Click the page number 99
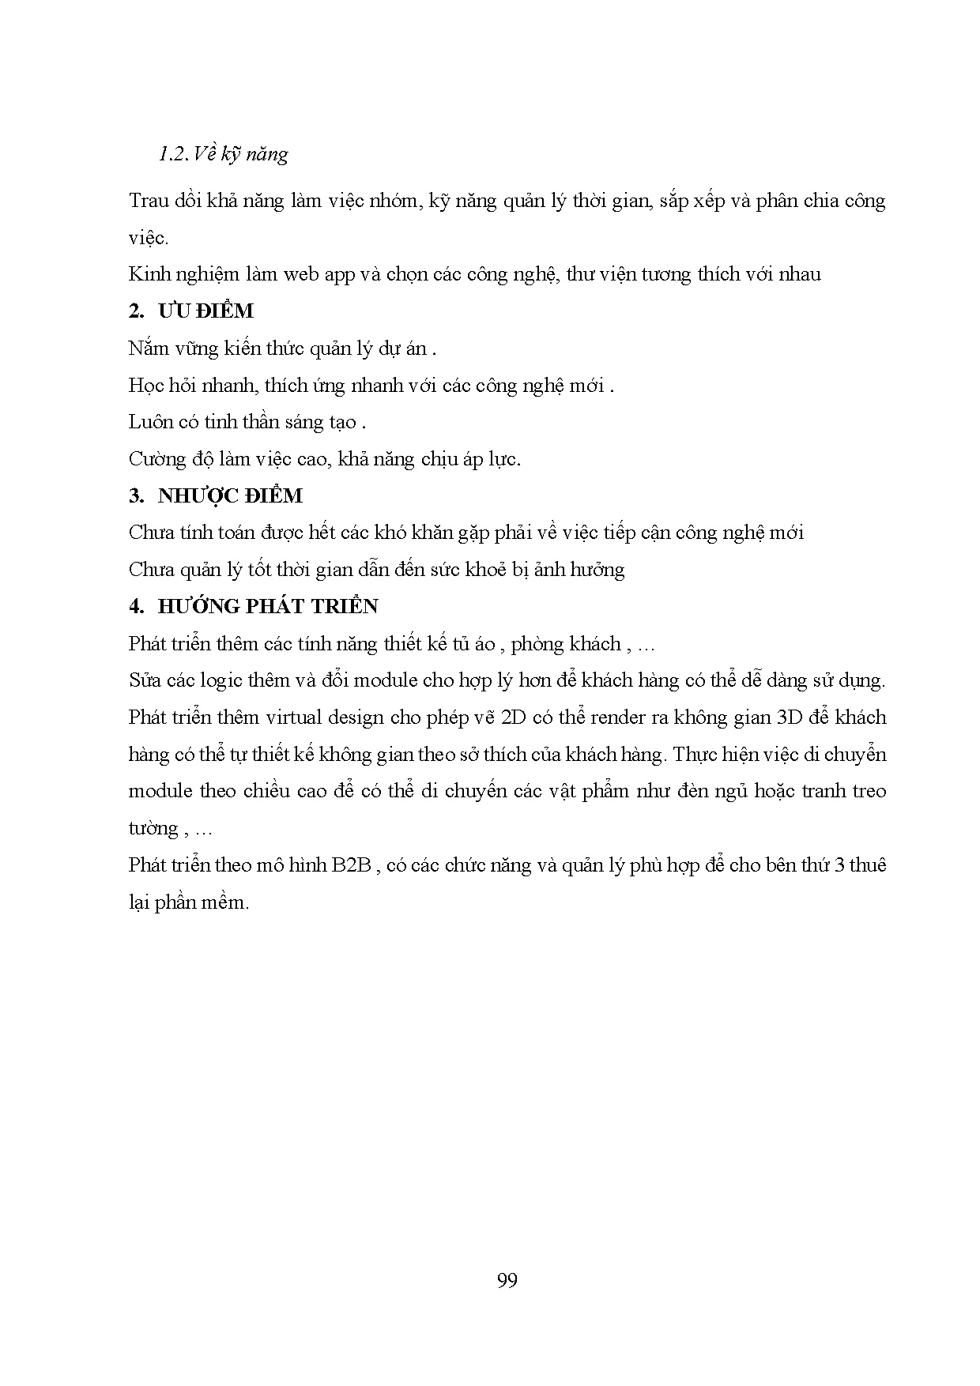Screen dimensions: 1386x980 point(507,1280)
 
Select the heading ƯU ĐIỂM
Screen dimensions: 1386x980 point(205,311)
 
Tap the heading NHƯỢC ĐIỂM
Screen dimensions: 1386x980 point(230,496)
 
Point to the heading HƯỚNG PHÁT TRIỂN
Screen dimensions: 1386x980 point(268,607)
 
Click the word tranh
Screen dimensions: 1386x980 point(824,791)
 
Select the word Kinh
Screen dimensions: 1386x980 point(148,275)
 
